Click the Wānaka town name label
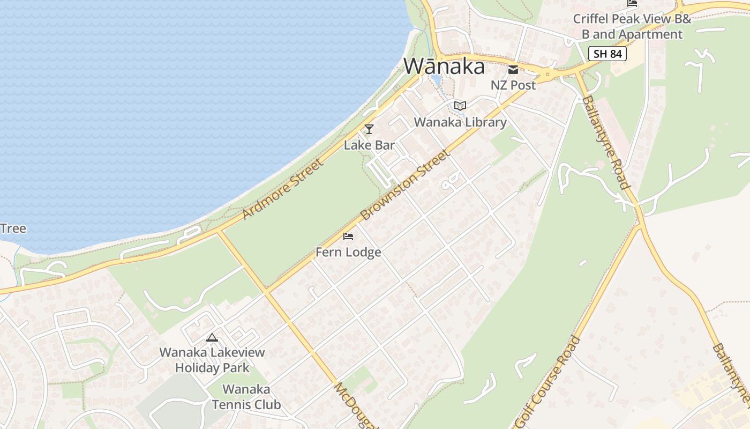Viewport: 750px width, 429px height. [444, 66]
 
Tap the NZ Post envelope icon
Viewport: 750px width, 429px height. [513, 70]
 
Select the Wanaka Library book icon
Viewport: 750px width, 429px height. [460, 106]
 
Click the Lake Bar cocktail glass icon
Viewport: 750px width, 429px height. [369, 129]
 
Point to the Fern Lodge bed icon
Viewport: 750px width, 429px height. [348, 236]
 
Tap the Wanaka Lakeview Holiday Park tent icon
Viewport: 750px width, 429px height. [212, 338]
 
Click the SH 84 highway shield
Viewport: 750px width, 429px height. [607, 54]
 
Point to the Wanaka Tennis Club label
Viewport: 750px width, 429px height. [246, 397]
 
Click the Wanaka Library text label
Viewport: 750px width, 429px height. [460, 122]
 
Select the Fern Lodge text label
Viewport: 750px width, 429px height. [348, 252]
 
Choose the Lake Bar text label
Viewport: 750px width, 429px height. [369, 145]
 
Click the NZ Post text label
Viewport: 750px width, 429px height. [513, 85]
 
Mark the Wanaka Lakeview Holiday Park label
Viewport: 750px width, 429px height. [212, 360]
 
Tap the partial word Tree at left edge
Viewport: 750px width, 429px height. [12, 228]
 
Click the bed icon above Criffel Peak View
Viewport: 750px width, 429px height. [632, 3]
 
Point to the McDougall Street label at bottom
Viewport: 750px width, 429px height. [356, 406]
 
